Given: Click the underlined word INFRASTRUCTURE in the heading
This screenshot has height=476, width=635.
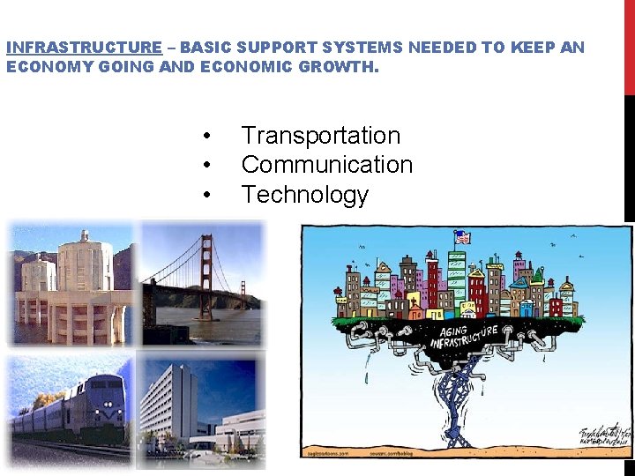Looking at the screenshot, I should tap(84, 48).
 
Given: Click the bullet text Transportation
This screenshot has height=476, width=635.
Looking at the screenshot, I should tap(320, 136).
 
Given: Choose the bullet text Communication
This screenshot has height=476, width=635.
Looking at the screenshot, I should tap(326, 165).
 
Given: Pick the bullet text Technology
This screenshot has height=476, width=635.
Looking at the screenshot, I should tap(304, 194).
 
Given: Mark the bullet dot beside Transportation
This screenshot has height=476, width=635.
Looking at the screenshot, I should tap(205, 137).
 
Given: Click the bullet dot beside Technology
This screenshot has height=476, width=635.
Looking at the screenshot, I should tap(205, 195).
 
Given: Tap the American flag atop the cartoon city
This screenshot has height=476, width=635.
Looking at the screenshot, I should tap(463, 236).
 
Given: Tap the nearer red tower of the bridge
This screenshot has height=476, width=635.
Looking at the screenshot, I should tap(211, 273).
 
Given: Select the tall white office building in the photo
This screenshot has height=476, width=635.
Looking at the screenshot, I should tap(172, 397).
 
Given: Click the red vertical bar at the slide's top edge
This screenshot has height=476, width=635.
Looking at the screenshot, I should tap(629, 44).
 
